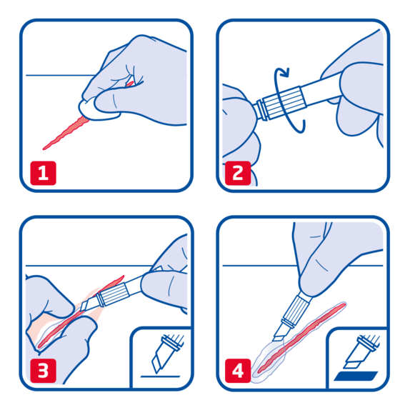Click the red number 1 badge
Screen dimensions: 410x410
(x=44, y=173)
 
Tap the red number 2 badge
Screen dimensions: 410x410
(x=238, y=173)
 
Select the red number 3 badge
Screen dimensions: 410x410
(x=44, y=371)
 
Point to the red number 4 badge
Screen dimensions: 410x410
(x=238, y=371)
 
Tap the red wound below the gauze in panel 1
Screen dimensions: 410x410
(x=66, y=134)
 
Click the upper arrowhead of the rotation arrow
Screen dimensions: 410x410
(x=285, y=72)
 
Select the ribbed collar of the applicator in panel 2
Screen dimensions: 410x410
(x=284, y=101)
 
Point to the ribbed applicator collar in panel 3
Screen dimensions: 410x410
(x=114, y=295)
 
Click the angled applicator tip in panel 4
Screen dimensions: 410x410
(x=279, y=334)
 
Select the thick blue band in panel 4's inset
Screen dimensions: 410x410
(x=356, y=376)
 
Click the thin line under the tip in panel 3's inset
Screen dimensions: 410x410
(x=160, y=376)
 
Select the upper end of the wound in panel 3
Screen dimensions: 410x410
(x=123, y=276)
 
